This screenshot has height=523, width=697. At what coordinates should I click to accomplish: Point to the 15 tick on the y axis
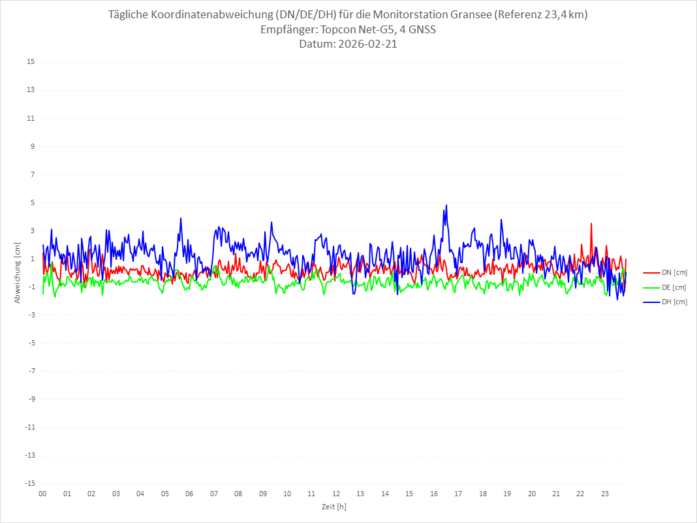coord(31,62)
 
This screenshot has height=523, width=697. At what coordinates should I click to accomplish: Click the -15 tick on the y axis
coord(29,483)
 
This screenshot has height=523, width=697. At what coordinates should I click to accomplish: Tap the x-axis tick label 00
coord(42,494)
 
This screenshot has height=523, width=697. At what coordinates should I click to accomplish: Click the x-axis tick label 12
coord(336,494)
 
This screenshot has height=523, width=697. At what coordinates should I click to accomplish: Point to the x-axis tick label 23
coord(605,494)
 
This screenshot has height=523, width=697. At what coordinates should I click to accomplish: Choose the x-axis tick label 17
coord(458,494)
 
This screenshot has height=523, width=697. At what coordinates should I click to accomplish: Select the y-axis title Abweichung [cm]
coord(18,273)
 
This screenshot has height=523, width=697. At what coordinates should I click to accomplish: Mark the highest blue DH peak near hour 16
coord(446,205)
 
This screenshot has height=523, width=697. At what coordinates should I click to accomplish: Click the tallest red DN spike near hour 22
coord(591,223)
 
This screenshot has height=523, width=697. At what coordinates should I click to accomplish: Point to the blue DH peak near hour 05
coord(181,218)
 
